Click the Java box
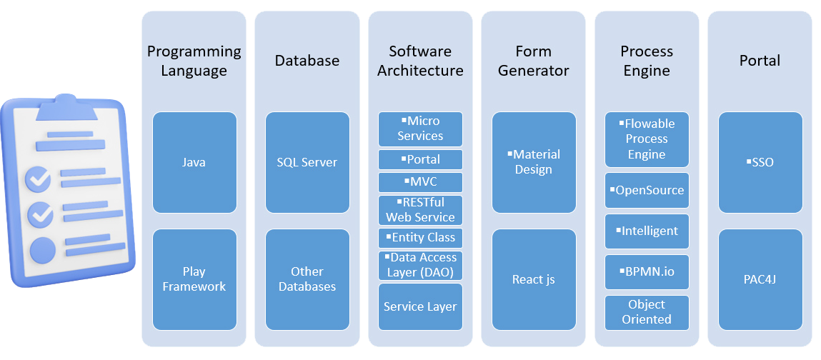(194, 162)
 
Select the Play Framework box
(194, 279)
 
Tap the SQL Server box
(307, 162)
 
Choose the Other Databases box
(307, 279)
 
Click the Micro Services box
(420, 129)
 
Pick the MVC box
(420, 181)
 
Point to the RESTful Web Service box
(420, 210)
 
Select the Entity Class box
(420, 237)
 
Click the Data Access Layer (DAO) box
(420, 265)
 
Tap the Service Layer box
(420, 306)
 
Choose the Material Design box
(534, 162)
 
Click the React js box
(534, 279)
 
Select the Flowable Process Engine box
(647, 139)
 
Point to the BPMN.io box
(647, 272)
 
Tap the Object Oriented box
(647, 312)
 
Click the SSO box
(760, 162)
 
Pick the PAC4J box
(760, 279)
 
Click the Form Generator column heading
(534, 61)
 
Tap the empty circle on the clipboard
(42, 249)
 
